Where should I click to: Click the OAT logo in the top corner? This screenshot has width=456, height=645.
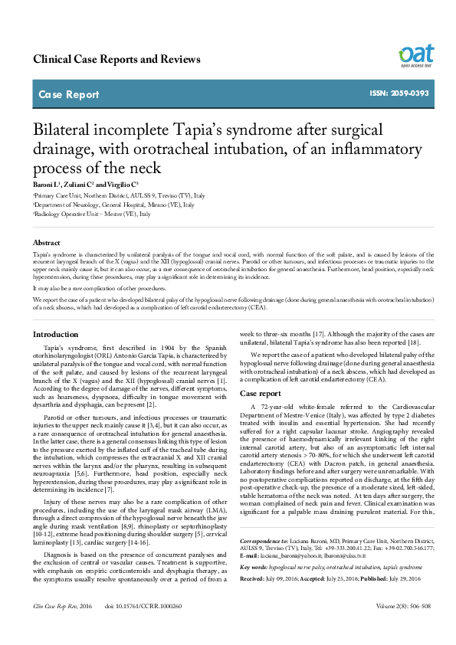tap(416, 55)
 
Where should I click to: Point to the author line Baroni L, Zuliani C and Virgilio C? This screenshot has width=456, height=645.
tap(85, 186)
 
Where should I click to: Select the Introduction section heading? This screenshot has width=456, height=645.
tap(55, 334)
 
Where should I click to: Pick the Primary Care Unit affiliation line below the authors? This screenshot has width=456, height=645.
tap(119, 196)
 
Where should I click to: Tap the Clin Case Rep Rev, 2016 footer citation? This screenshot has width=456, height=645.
tap(61, 627)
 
